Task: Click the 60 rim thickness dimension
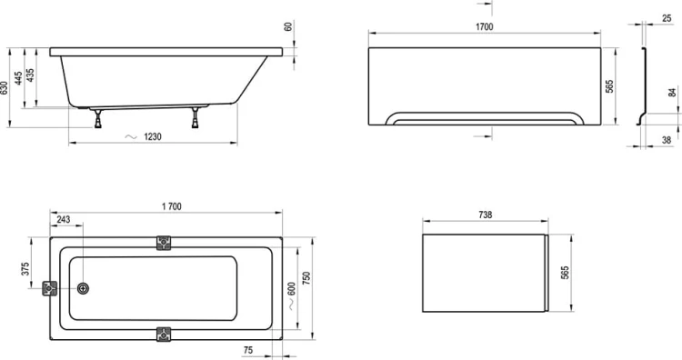tap(288, 26)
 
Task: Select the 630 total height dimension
tap(5, 89)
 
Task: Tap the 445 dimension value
tap(18, 78)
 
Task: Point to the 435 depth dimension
tap(30, 75)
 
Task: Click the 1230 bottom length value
tap(153, 137)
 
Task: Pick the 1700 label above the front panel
tap(484, 27)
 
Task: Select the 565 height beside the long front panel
tap(610, 86)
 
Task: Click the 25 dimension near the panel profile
tap(667, 18)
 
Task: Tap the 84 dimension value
tap(672, 92)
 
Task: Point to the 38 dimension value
tap(667, 140)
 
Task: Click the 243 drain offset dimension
tap(64, 220)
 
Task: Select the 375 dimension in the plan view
tap(25, 268)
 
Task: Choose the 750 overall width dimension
tap(306, 278)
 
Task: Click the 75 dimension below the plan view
tap(248, 350)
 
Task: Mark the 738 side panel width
tap(485, 215)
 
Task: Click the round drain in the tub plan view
tap(83, 288)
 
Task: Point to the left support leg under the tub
tap(98, 119)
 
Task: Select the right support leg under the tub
tap(196, 118)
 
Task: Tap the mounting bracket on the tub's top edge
tap(164, 243)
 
